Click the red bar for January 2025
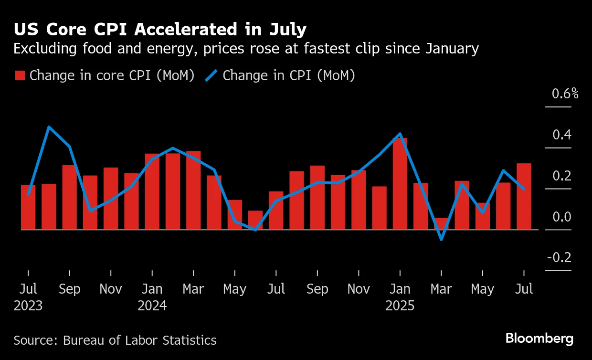(400, 184)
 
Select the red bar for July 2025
(524, 197)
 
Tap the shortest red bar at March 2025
(441, 224)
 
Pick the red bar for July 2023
(28, 207)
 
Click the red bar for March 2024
(193, 191)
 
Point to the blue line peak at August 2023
(49, 127)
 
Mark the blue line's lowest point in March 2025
(441, 239)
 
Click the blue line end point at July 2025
(524, 189)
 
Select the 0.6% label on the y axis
(565, 94)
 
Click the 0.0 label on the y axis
(561, 217)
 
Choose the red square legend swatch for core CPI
(20, 76)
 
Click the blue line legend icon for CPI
(211, 75)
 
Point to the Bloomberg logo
(539, 339)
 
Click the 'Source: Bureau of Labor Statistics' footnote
(115, 340)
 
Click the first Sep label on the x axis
(70, 289)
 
